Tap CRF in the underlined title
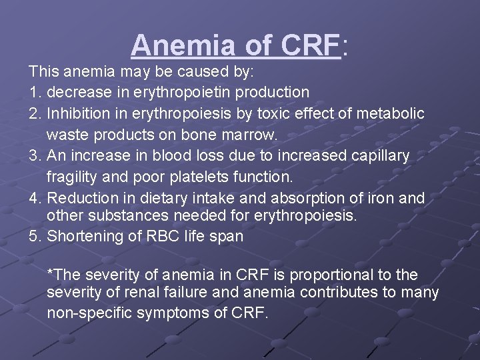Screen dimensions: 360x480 click(x=311, y=45)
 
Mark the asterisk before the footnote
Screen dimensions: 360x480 click(x=51, y=273)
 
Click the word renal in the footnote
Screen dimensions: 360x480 click(x=127, y=293)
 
